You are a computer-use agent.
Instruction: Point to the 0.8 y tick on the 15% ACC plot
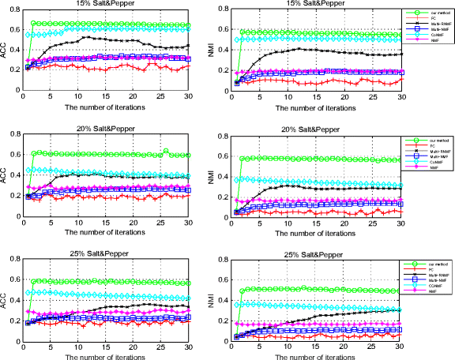[16, 10]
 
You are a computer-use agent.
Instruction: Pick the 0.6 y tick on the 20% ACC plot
[16, 154]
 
